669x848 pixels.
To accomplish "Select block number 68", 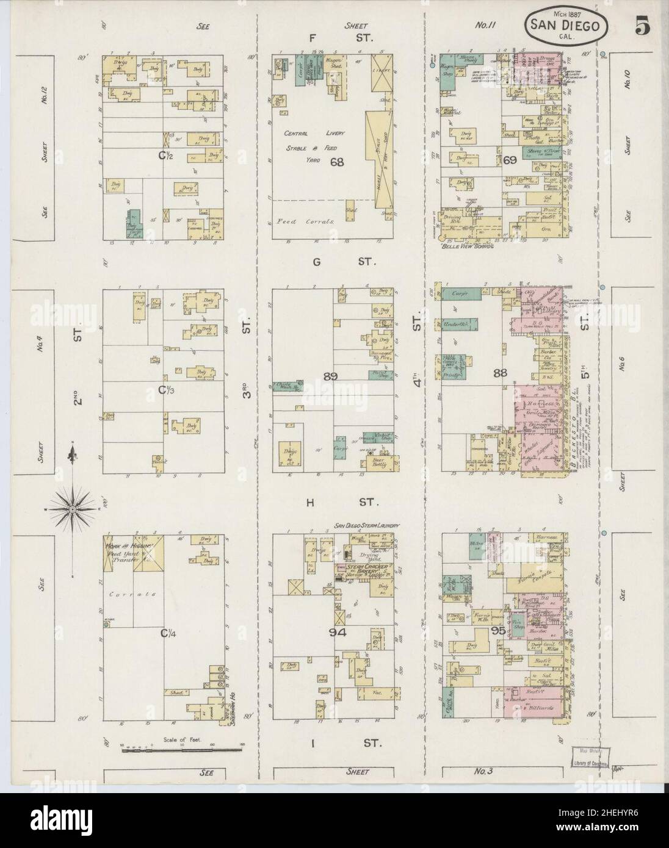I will pyautogui.click(x=337, y=162).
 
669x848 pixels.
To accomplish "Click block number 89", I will pyautogui.click(x=331, y=376).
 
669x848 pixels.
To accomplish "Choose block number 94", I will pyautogui.click(x=337, y=633).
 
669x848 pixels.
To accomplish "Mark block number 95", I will pyautogui.click(x=497, y=631).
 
